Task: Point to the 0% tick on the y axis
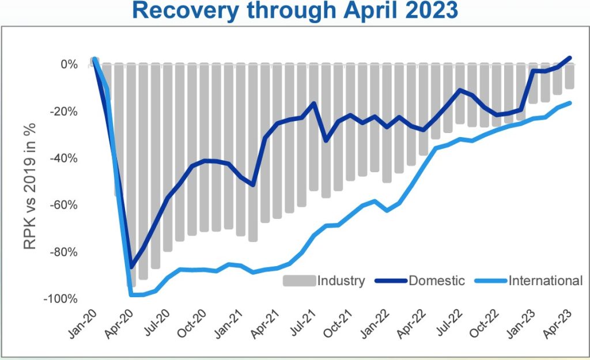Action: click(69, 65)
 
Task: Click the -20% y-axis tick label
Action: click(65, 111)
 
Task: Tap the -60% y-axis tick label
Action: click(65, 205)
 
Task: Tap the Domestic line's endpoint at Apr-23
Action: click(570, 58)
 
